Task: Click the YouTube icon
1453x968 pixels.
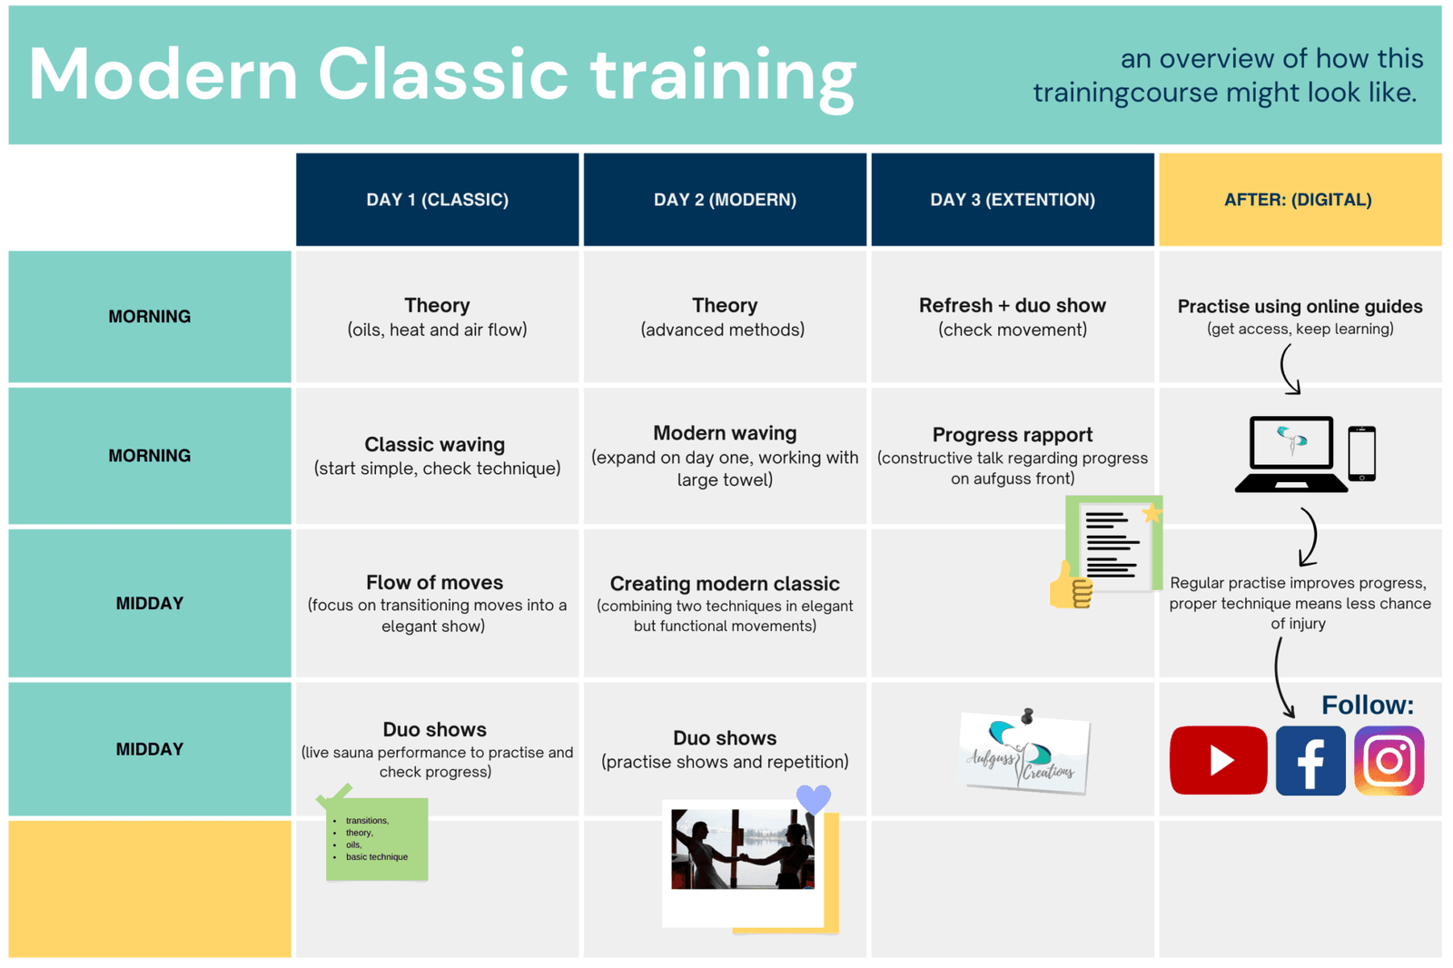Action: pyautogui.click(x=1218, y=760)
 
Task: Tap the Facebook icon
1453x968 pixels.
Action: pyautogui.click(x=1310, y=760)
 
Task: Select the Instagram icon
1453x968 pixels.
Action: pyautogui.click(x=1389, y=760)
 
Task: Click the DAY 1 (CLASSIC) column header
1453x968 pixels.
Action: pyautogui.click(x=437, y=200)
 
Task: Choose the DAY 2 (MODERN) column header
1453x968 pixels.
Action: pyautogui.click(x=725, y=200)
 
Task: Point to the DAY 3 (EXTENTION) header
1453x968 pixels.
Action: pyautogui.click(x=1012, y=200)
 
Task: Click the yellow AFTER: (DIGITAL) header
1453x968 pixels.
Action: pyautogui.click(x=1299, y=200)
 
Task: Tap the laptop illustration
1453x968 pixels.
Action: pyautogui.click(x=1290, y=453)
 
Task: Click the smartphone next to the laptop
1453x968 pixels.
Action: pyautogui.click(x=1361, y=453)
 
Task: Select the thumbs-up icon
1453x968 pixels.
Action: pyautogui.click(x=1070, y=586)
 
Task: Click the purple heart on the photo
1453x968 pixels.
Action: pyautogui.click(x=813, y=799)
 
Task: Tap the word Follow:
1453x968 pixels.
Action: pyautogui.click(x=1367, y=706)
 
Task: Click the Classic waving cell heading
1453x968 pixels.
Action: pyautogui.click(x=435, y=445)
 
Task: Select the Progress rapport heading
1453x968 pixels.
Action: pyautogui.click(x=1012, y=435)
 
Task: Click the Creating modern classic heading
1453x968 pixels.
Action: pyautogui.click(x=725, y=584)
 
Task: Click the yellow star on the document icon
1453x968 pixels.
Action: pyautogui.click(x=1152, y=514)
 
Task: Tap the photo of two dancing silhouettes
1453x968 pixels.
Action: pyautogui.click(x=742, y=850)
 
